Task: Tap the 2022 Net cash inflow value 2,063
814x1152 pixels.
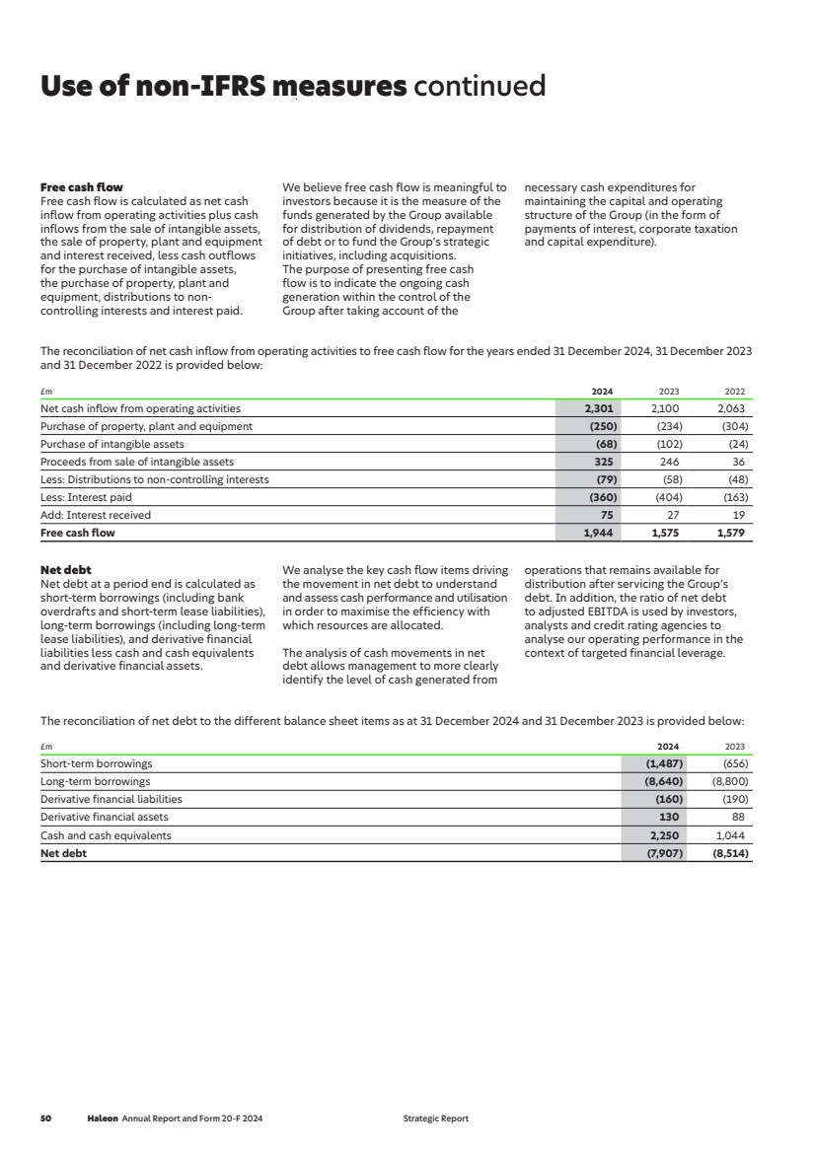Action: pos(731,408)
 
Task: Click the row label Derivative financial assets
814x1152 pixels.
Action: pos(104,817)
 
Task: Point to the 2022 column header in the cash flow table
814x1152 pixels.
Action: pos(735,392)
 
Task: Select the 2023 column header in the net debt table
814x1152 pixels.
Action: pos(735,747)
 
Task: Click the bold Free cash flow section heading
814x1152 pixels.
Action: pos(81,187)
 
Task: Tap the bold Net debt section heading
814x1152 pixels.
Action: pos(65,570)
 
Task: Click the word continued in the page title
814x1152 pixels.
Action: pos(480,87)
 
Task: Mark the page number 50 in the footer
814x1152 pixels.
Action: pos(45,1118)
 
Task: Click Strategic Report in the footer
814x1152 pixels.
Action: pos(436,1118)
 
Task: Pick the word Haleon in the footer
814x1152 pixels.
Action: pos(103,1118)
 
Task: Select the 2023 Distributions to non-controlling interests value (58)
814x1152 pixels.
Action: pos(671,479)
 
